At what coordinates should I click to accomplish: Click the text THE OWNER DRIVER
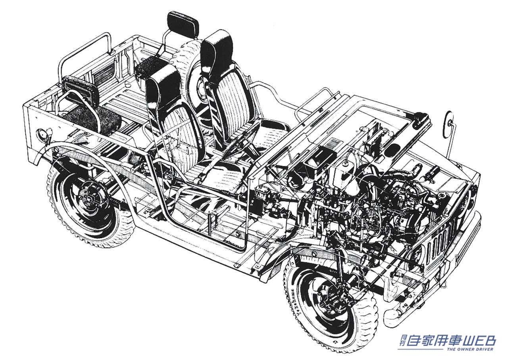(470, 349)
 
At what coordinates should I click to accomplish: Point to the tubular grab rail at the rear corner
(83, 48)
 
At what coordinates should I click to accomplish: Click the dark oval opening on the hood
(393, 149)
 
